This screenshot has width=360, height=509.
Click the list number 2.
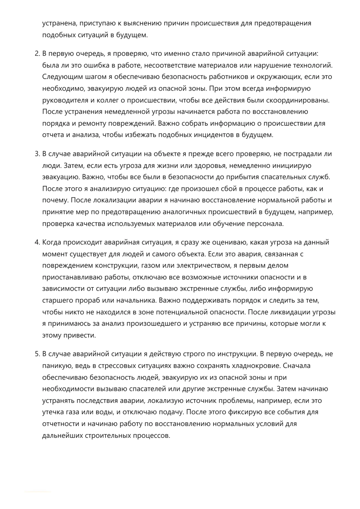coord(37,54)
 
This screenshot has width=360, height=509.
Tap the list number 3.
coord(37,154)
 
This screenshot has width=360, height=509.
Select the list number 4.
coord(37,242)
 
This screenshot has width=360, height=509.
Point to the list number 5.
coord(37,354)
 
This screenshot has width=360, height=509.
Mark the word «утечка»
coord(53,412)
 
